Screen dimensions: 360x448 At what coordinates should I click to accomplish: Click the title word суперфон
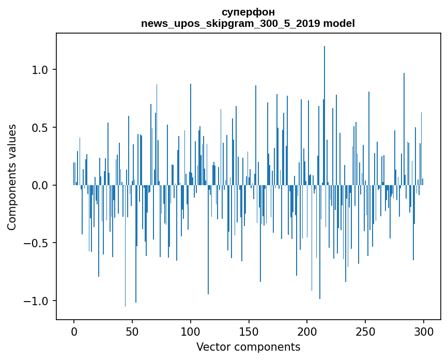point(248,12)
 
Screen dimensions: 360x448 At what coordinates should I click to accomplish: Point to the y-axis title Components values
point(12,177)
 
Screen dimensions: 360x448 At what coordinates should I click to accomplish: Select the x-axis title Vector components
point(248,347)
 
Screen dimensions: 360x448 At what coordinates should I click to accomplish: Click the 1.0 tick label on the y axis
point(40,70)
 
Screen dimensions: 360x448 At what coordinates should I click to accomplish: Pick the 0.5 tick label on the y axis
point(40,128)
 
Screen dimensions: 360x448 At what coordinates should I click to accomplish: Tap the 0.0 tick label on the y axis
point(40,185)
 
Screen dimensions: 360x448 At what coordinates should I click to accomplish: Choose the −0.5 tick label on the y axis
point(37,243)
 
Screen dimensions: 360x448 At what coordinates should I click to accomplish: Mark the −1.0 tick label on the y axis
point(37,301)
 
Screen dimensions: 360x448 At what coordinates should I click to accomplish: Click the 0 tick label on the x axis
point(74,331)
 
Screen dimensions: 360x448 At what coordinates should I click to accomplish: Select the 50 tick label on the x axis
point(132,331)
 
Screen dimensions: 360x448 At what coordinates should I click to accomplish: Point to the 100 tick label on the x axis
point(191,331)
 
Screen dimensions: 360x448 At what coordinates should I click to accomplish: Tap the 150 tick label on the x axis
point(249,331)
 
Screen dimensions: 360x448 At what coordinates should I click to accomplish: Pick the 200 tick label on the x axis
point(307,331)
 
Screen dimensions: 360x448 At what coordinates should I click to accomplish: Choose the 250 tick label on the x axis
point(365,331)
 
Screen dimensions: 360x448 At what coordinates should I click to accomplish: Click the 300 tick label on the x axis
point(424,331)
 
